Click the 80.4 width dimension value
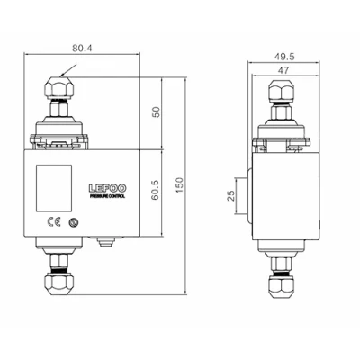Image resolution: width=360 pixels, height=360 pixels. pos(82,48)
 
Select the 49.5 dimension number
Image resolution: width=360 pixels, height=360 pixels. pos(284,56)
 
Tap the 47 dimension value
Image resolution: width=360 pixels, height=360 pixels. pos(283,70)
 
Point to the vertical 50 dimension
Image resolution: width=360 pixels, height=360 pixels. pos(157,112)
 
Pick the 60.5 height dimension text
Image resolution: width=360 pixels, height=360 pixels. pos(156,190)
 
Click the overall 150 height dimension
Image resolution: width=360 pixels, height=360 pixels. pos(179,185)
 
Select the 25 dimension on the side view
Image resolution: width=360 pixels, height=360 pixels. pos(230,196)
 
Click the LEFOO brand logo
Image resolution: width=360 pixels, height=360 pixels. pos(107,188)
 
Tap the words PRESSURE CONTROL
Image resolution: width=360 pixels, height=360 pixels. pos(107,196)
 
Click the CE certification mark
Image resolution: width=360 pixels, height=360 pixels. pos(54,221)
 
